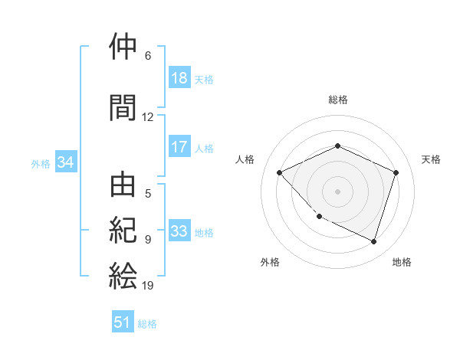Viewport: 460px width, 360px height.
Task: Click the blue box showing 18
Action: pos(179,79)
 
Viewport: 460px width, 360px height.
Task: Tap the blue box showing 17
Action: pos(179,148)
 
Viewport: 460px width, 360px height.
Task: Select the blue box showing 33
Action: pos(179,232)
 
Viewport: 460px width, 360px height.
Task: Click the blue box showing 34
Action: pos(65,162)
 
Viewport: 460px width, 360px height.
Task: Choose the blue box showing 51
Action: pos(123,322)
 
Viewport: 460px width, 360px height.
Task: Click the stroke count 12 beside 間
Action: pos(148,117)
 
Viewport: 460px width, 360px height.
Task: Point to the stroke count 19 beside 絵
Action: pos(148,286)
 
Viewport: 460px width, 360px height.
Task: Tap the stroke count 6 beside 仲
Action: pos(148,56)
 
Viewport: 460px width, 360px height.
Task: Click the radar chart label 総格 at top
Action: pos(338,100)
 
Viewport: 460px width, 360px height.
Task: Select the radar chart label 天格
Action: pos(431,159)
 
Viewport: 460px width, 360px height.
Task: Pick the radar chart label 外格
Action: pos(270,262)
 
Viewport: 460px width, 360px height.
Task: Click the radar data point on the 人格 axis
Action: pos(280,172)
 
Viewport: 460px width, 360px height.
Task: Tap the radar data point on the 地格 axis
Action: pos(373,241)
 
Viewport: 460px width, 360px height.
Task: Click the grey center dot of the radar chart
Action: pos(337,191)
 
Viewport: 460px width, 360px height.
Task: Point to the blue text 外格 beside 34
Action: pos(41,163)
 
